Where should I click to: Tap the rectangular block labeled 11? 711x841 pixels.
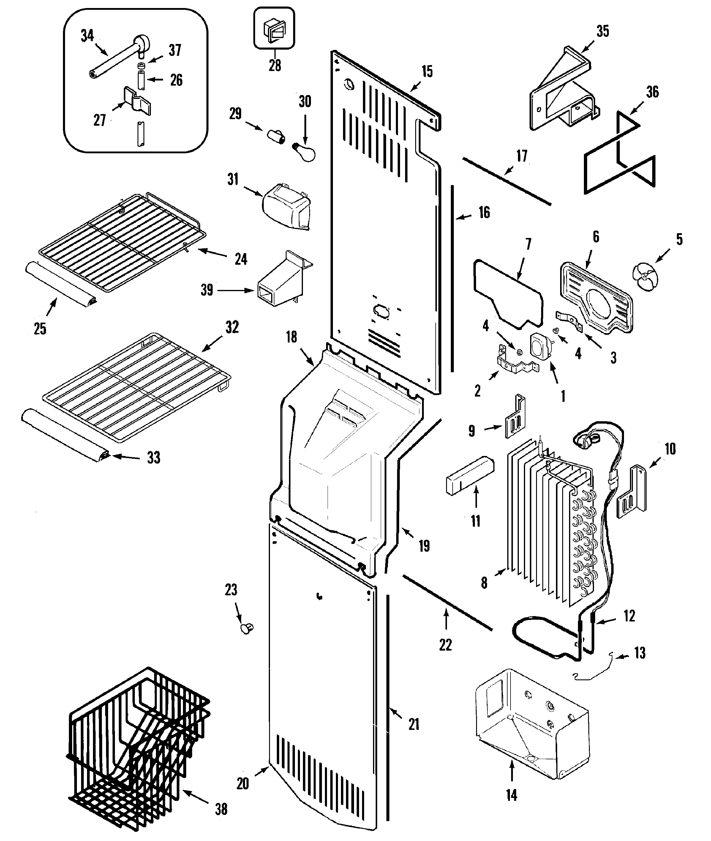pyautogui.click(x=470, y=475)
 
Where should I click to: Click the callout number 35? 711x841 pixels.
pyautogui.click(x=603, y=31)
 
